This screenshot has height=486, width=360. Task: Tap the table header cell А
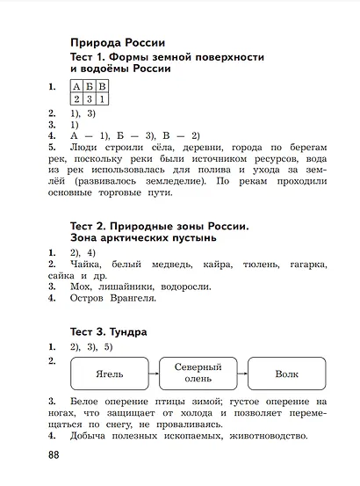tap(77, 86)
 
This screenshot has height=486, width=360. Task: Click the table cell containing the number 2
tap(77, 99)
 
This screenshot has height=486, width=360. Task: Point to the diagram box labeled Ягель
tap(109, 374)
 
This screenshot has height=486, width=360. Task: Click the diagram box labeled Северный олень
tap(198, 374)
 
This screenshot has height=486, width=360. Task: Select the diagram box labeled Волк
tap(286, 374)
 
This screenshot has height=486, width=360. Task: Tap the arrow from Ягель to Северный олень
tap(153, 374)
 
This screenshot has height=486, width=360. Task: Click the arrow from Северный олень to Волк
tap(241, 374)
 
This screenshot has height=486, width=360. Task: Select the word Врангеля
tap(133, 298)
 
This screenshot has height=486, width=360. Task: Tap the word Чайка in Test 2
tap(84, 264)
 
